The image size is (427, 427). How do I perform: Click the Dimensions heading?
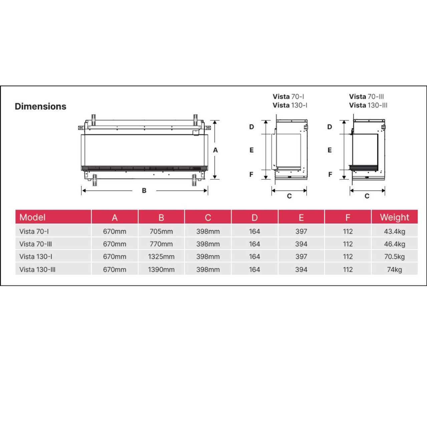click(x=41, y=106)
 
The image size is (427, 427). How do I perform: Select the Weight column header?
click(x=394, y=217)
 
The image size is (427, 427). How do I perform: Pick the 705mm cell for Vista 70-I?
click(x=161, y=231)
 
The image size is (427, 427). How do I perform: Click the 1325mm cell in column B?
click(x=161, y=257)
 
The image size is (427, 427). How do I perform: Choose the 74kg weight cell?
click(x=394, y=270)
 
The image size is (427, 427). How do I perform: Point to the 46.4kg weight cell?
click(x=394, y=244)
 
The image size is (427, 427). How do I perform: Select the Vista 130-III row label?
click(x=37, y=270)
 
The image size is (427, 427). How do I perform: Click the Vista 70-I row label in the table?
click(x=34, y=231)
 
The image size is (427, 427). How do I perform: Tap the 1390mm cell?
click(x=161, y=270)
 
